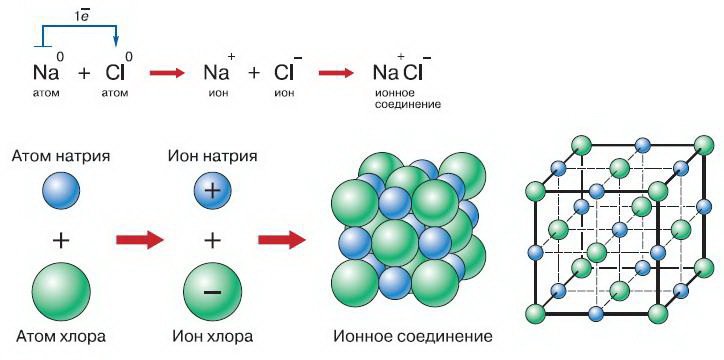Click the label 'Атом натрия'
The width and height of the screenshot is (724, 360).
[x=61, y=157]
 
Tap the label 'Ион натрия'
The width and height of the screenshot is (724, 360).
[x=211, y=157]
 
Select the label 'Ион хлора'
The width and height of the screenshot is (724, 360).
[x=211, y=334]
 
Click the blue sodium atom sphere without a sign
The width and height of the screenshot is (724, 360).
[x=61, y=190]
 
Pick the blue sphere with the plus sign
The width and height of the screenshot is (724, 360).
[x=211, y=190]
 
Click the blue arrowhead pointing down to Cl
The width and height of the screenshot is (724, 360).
[x=115, y=41]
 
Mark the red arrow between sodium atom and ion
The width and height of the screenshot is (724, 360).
[x=138, y=240]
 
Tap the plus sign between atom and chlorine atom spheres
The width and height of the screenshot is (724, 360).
[x=62, y=239]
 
